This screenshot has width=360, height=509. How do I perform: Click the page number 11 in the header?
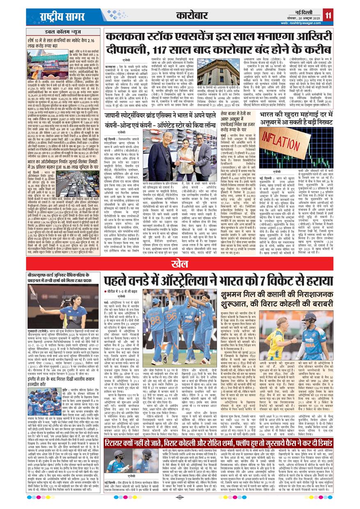[x=328, y=16]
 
